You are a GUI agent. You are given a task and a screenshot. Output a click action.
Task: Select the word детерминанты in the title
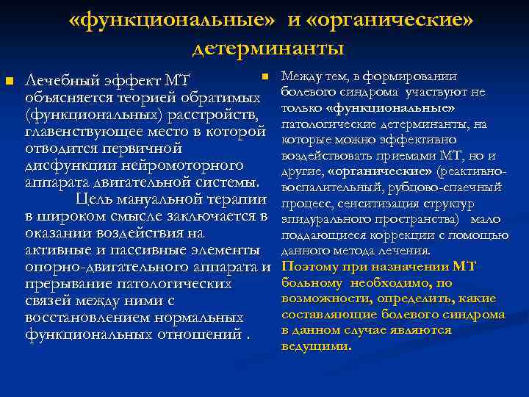pos(268,48)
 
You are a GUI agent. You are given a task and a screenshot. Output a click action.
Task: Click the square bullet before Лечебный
pos(9,79)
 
